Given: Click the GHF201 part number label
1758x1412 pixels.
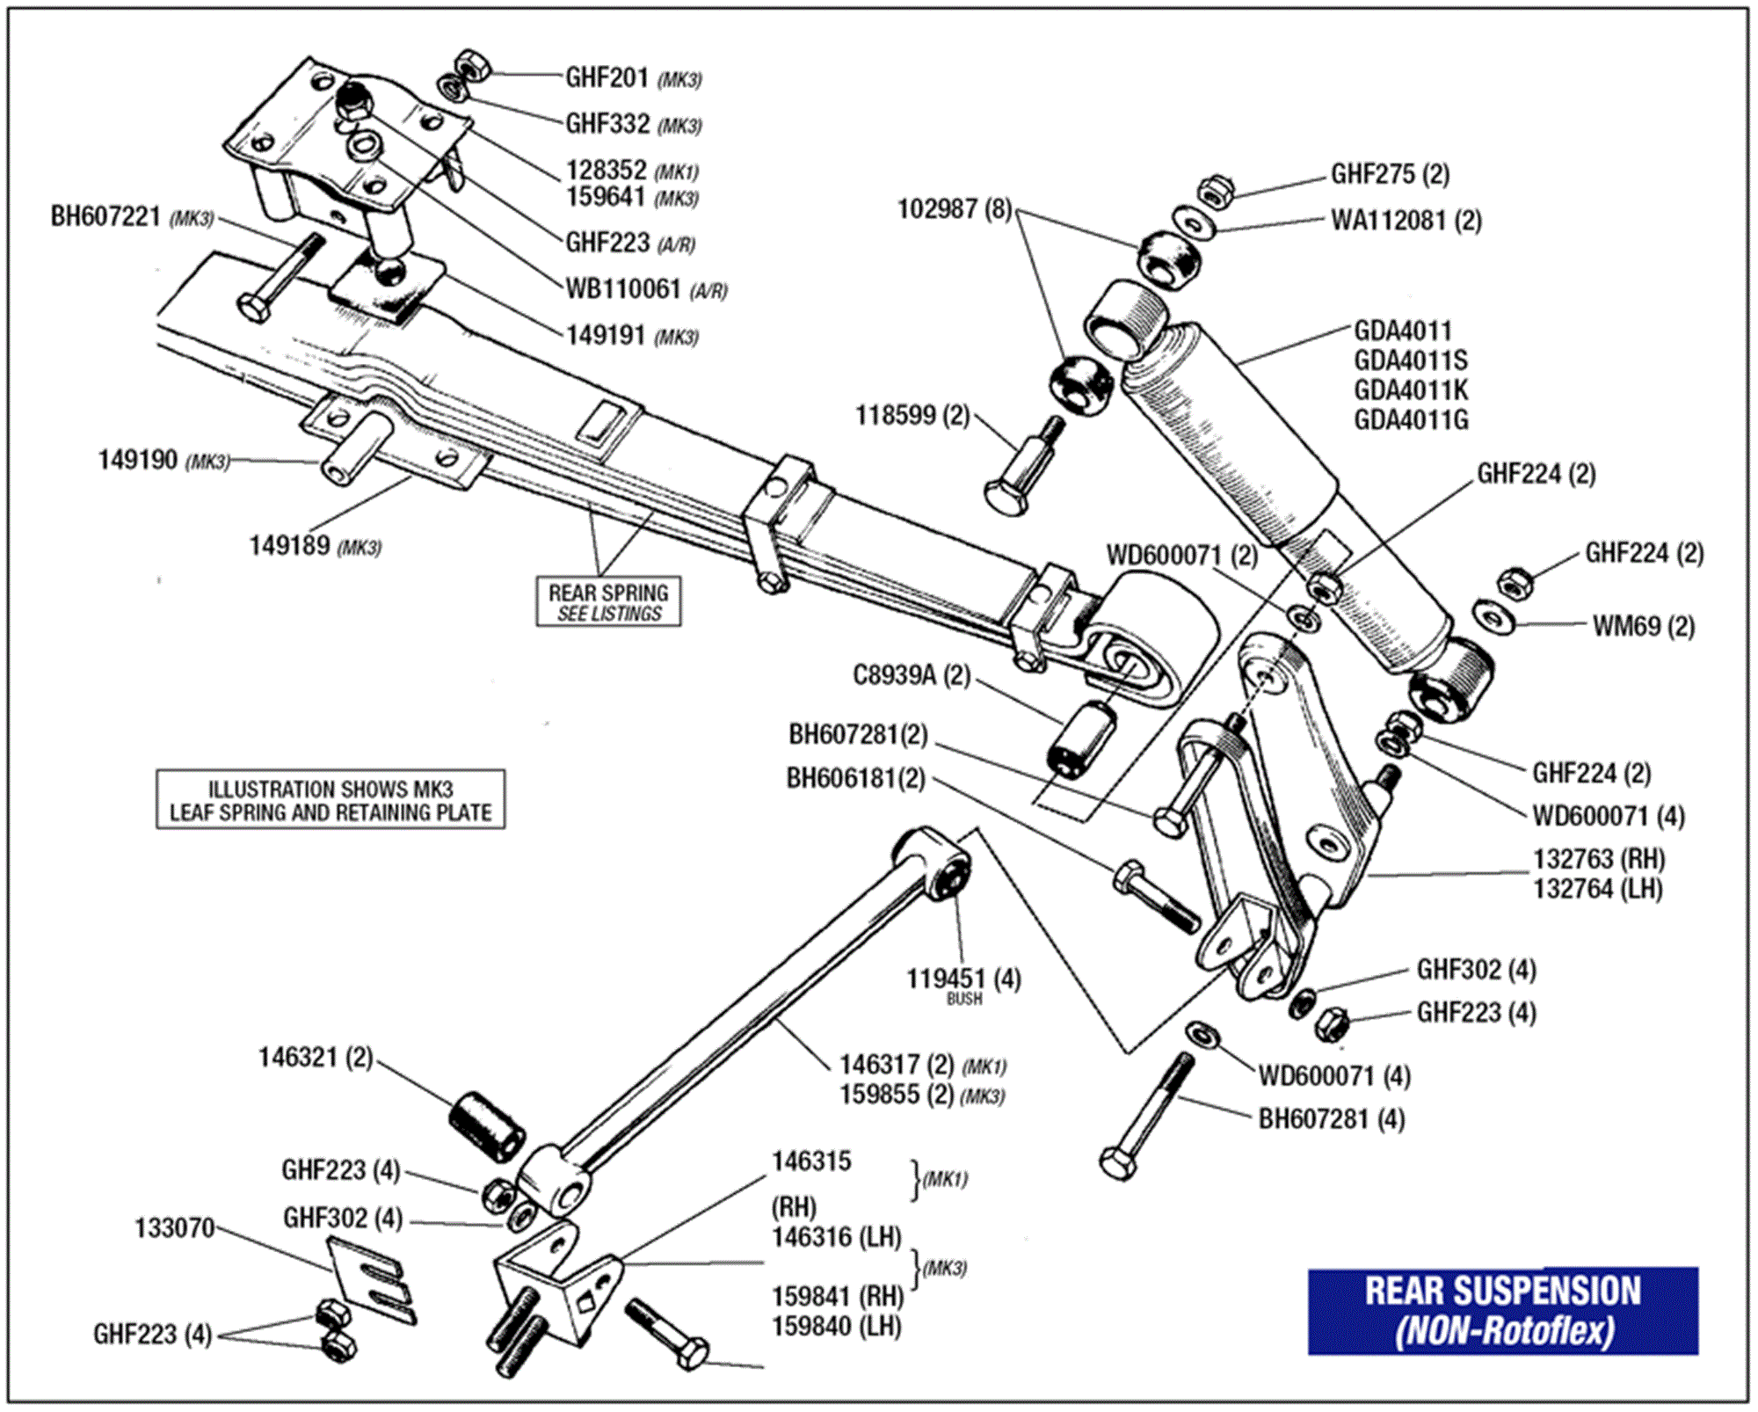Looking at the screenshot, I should (x=607, y=77).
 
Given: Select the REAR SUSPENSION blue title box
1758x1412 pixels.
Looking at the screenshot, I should (x=1501, y=1310).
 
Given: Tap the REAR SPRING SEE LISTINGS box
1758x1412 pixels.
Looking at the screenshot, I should (x=608, y=602).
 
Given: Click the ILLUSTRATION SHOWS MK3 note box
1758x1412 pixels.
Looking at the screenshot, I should (x=331, y=799).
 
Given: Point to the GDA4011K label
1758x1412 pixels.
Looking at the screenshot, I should (x=1410, y=389).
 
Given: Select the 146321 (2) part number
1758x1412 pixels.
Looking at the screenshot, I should (x=315, y=1057).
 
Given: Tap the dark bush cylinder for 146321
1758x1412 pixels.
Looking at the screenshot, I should (x=487, y=1126).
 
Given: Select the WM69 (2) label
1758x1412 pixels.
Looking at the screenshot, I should (x=1643, y=626).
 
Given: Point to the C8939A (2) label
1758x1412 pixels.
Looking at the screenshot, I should (x=911, y=675).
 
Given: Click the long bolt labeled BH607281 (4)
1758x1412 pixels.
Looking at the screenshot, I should (x=1145, y=1118).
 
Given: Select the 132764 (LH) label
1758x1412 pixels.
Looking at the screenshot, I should (x=1597, y=889).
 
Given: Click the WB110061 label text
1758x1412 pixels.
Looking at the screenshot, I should (x=622, y=288).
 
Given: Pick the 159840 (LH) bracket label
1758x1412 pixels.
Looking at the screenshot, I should (x=836, y=1327).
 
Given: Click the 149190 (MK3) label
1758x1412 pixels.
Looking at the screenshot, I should (x=163, y=460).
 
